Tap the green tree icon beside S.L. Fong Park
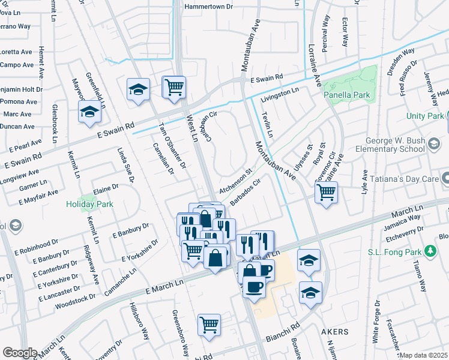[430, 250]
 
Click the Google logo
[20, 353]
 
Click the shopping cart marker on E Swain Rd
[174, 87]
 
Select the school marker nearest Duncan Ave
[89, 112]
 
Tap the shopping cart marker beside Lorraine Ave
[326, 193]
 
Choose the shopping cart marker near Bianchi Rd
[209, 325]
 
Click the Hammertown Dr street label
[208, 7]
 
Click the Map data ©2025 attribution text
[423, 355]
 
